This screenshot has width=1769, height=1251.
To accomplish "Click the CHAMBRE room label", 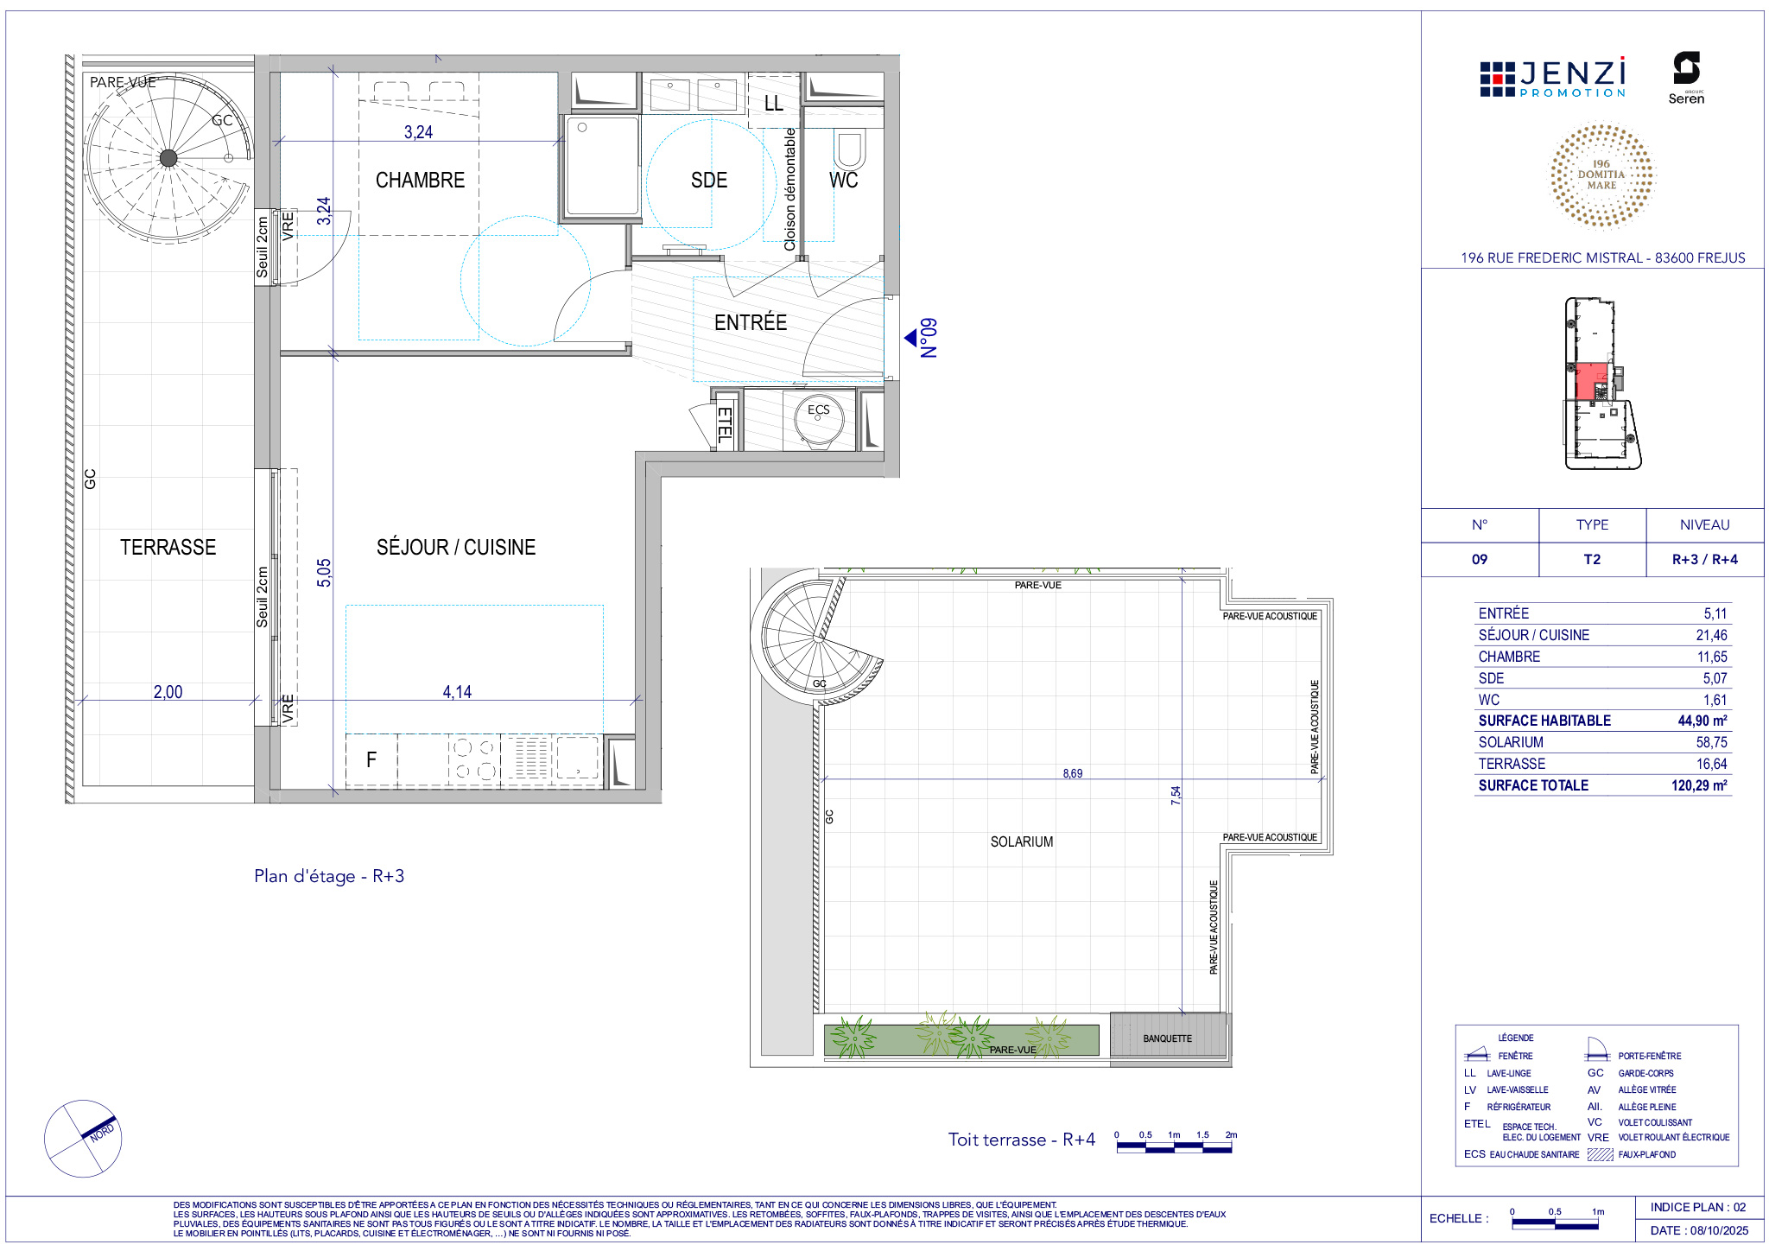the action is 420,181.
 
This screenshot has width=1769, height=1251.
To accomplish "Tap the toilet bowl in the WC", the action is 849,149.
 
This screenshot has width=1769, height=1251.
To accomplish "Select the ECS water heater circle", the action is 818,420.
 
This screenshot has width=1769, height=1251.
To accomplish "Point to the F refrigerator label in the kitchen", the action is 371,759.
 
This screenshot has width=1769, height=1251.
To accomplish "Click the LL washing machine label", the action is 774,104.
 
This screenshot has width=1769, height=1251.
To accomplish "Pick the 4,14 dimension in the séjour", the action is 457,692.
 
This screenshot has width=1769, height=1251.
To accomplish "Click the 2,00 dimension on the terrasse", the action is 168,692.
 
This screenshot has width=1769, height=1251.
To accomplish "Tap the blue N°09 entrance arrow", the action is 910,338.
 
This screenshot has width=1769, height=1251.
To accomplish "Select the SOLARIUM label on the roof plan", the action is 1022,841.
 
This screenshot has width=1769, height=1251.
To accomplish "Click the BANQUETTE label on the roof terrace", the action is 1167,1038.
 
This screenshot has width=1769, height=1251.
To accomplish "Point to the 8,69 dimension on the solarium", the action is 1073,773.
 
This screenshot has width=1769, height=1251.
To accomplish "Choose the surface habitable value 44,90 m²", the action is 1702,721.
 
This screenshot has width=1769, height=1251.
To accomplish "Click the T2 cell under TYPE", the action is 1592,560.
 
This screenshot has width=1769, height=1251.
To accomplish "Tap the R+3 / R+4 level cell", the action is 1705,560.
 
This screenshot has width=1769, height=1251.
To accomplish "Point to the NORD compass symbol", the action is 83,1138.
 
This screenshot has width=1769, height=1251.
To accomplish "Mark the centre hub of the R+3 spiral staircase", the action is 168,157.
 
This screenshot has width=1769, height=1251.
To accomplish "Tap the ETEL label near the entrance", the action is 725,425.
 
